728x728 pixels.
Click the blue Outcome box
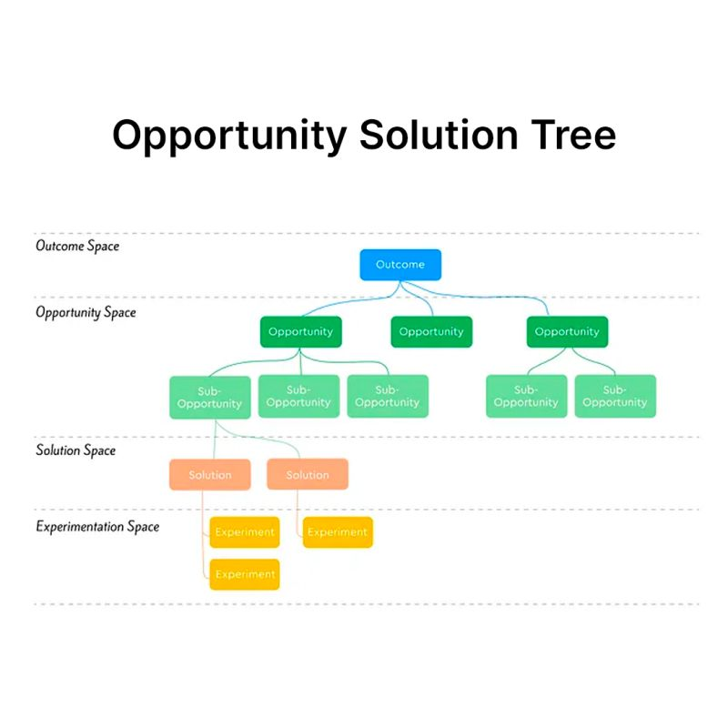click(x=400, y=265)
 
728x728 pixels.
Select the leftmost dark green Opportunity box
click(x=301, y=331)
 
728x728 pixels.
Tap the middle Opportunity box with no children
click(x=431, y=331)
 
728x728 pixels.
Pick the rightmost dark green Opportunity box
click(x=567, y=331)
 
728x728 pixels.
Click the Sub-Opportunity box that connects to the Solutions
click(x=210, y=398)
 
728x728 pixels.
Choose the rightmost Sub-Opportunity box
click(x=615, y=396)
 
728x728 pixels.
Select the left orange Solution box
click(x=210, y=474)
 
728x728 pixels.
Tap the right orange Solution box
click(x=308, y=474)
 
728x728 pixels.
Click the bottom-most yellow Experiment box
click(x=245, y=574)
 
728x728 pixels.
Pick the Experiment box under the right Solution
click(x=338, y=532)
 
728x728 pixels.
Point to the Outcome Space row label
click(x=77, y=246)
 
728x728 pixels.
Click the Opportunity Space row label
click(x=86, y=312)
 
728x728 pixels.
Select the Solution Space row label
click(x=76, y=450)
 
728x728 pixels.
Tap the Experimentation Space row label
click(x=97, y=527)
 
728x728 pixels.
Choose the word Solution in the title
click(x=439, y=135)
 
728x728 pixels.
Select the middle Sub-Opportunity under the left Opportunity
click(x=298, y=396)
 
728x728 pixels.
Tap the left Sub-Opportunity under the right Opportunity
click(x=527, y=396)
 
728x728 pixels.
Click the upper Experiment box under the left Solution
click(x=245, y=532)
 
